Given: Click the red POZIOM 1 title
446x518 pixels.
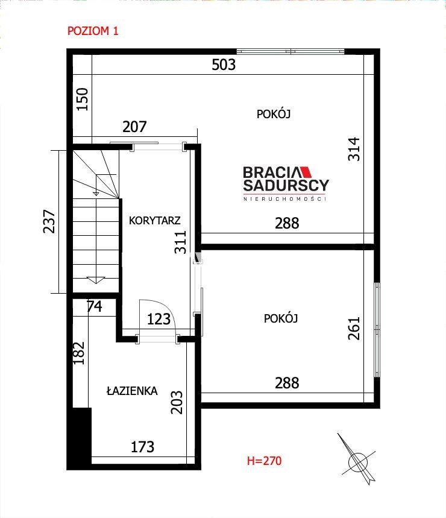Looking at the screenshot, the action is [93, 31].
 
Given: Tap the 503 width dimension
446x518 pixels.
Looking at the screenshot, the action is [224, 65].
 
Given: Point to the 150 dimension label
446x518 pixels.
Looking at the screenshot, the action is [82, 99].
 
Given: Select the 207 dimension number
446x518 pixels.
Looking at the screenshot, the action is [134, 127].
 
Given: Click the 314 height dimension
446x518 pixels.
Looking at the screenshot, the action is [354, 149].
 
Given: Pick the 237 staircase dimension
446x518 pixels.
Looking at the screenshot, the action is [49, 221].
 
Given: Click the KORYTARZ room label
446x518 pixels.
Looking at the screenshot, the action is [154, 221].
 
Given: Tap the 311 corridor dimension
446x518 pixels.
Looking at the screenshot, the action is [181, 242].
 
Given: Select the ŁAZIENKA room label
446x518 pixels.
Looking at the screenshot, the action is [132, 391].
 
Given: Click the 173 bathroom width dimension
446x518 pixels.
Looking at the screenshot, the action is [143, 447].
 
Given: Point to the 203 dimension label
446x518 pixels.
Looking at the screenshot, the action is [177, 402].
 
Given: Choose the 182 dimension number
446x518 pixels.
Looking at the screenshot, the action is [78, 353].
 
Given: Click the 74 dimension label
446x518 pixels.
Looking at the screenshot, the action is [95, 306].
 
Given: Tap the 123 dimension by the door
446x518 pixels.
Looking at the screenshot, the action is [159, 319].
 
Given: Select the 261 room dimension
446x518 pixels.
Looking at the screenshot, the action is [354, 329].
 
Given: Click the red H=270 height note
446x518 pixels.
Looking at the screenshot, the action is [264, 461].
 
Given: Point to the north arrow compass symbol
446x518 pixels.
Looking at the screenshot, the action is [357, 459].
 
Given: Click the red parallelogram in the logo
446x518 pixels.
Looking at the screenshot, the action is [306, 172].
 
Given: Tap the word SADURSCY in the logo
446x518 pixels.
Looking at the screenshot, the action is [286, 185].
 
